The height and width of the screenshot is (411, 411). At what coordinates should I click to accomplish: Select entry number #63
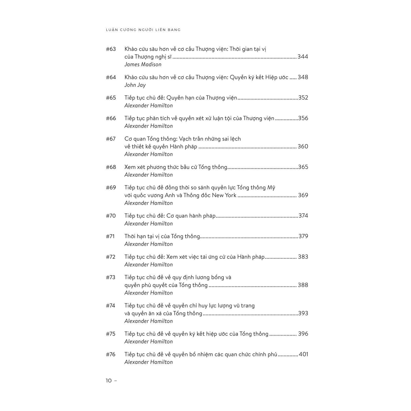click(x=111, y=49)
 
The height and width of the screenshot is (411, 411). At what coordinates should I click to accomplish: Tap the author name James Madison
click(x=143, y=64)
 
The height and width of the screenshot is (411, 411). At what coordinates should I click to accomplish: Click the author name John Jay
click(x=135, y=85)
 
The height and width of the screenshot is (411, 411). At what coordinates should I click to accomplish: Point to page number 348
click(x=303, y=77)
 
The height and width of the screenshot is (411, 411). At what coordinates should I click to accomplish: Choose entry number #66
click(x=111, y=118)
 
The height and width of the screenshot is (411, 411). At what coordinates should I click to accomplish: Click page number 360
click(x=303, y=147)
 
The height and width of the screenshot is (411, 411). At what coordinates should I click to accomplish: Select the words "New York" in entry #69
click(x=224, y=195)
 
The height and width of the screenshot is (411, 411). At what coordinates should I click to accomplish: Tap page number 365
click(x=303, y=167)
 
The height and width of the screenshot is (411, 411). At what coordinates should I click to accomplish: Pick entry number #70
click(x=111, y=216)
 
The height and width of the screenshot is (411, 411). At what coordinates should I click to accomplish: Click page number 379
click(x=303, y=236)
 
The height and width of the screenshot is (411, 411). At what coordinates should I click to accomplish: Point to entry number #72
click(x=111, y=257)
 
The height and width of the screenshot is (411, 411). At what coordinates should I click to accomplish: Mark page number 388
click(x=303, y=285)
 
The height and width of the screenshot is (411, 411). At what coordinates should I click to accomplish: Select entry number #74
click(x=111, y=306)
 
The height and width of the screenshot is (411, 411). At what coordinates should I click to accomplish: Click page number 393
click(x=303, y=313)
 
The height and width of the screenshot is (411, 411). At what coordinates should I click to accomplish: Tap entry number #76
click(x=111, y=354)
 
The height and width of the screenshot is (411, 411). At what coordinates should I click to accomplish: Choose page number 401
click(x=303, y=354)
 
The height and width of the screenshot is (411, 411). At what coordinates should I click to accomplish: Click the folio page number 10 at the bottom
click(x=109, y=381)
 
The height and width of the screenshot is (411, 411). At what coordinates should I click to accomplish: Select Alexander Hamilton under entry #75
click(x=148, y=342)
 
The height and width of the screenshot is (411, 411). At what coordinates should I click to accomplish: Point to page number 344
click(x=303, y=57)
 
